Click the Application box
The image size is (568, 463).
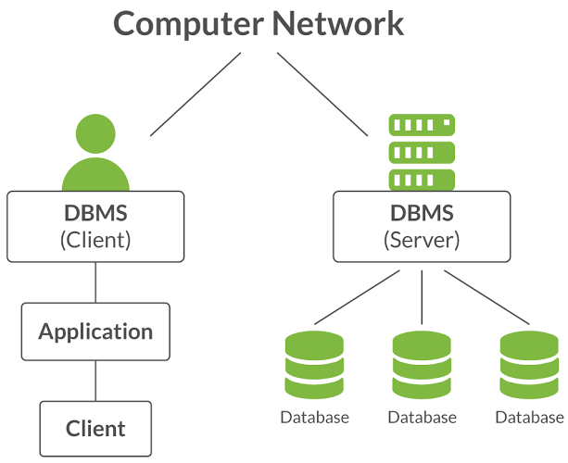point(95,332)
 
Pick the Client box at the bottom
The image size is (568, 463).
point(95,429)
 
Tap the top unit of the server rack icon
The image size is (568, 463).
point(422,124)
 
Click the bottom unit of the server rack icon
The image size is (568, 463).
point(422,178)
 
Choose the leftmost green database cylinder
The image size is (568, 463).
point(314,366)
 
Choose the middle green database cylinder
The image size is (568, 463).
point(422,366)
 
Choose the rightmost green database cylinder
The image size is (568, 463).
point(529,366)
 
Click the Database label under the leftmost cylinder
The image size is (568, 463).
point(314,418)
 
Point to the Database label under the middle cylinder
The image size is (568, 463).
point(422,418)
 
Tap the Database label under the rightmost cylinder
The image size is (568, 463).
point(529,418)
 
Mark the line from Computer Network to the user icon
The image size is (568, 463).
point(196,93)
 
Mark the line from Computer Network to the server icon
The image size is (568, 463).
point(322,93)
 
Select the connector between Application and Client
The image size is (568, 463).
point(95,381)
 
